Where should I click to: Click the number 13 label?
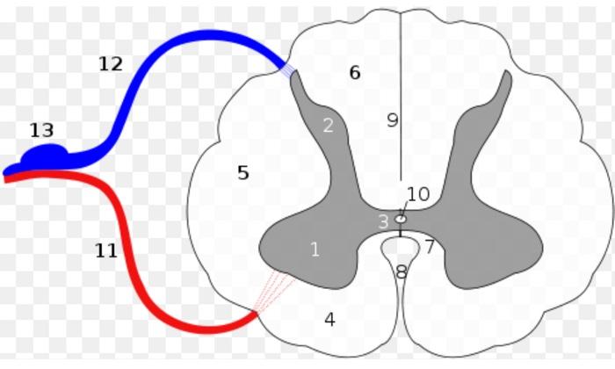click(x=41, y=131)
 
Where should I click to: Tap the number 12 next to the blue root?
click(x=111, y=64)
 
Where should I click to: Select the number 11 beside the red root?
click(x=106, y=251)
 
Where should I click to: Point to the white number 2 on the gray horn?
click(x=328, y=125)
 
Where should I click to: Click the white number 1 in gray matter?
click(x=315, y=250)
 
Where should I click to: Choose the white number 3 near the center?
click(x=383, y=221)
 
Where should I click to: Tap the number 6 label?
click(x=354, y=73)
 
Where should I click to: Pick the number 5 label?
click(x=243, y=173)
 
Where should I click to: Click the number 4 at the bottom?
click(x=329, y=320)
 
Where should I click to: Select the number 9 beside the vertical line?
click(x=392, y=120)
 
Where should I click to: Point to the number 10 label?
click(x=418, y=194)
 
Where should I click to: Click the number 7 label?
click(x=430, y=247)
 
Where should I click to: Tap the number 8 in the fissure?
click(x=402, y=272)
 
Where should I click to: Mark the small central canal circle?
click(x=402, y=218)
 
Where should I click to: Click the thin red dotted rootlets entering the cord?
click(x=271, y=291)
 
